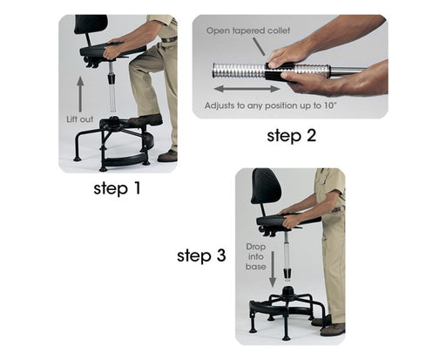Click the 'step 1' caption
pos(117,188)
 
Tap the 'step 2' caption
pos(291,136)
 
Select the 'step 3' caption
pos(201,255)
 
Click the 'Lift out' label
pos(80,119)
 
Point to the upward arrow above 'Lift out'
pos(80,94)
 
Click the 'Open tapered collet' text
pos(248,31)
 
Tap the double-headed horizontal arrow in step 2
pos(247,89)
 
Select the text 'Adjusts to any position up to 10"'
pos(270,105)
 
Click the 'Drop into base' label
pos(256,256)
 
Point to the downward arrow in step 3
pos(273,268)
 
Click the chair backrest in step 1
pos(91,24)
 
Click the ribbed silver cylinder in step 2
pos(239,71)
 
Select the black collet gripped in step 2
pos(280,71)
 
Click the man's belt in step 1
pos(169,39)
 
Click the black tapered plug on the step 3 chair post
pos(287,274)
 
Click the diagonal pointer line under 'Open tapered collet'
pos(258,46)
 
